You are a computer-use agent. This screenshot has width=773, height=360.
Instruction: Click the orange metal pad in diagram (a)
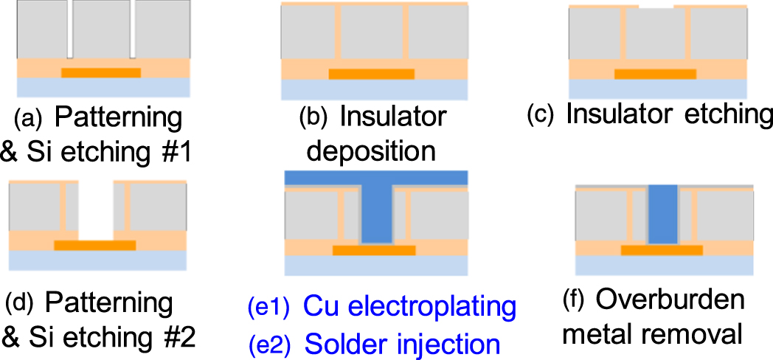pyautogui.click(x=101, y=73)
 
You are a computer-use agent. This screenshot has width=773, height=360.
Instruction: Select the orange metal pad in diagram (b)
pyautogui.click(x=371, y=75)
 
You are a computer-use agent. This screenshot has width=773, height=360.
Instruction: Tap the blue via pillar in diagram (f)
pyautogui.click(x=662, y=215)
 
